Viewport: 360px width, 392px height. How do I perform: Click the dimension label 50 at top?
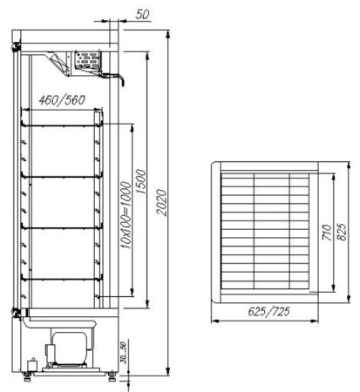coord(144,15)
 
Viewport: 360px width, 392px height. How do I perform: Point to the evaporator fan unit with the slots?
coord(87,60)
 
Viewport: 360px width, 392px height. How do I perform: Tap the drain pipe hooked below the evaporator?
coord(121,79)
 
